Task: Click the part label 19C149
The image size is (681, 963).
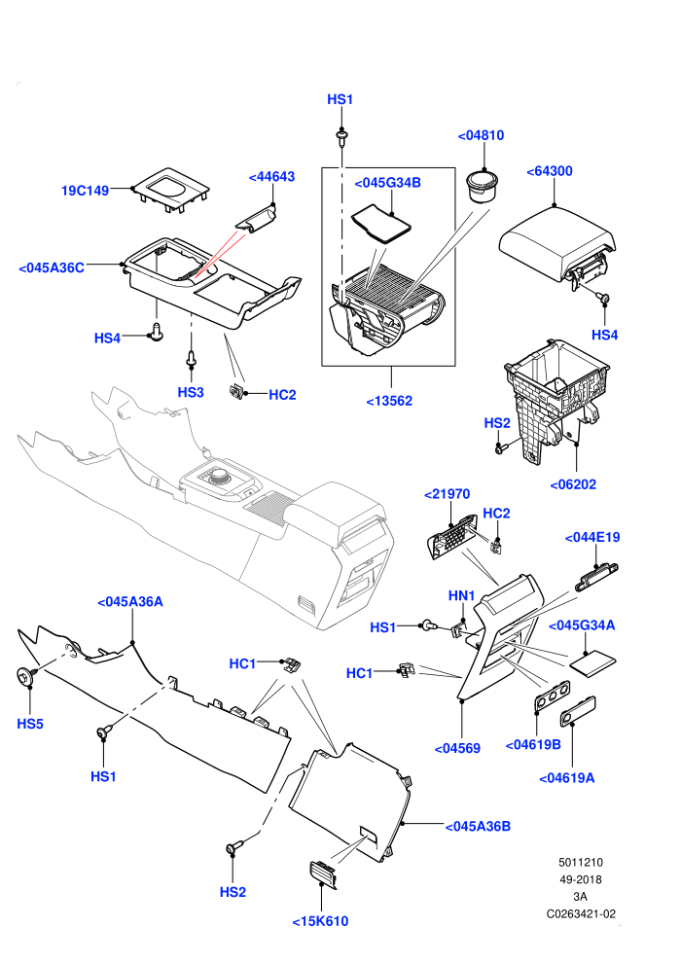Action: point(85,191)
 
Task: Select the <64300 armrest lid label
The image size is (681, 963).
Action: point(550,171)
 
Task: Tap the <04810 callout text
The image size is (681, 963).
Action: point(481,135)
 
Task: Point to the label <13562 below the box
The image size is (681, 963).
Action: point(389,401)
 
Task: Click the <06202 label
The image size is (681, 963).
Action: point(573,484)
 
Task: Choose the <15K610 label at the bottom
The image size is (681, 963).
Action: point(320,921)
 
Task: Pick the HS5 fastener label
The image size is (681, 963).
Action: point(30,724)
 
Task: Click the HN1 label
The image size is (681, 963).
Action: point(462,595)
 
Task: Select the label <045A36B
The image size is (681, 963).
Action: point(478,826)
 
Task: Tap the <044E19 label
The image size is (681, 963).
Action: point(592,537)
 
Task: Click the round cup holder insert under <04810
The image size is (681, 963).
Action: point(482,186)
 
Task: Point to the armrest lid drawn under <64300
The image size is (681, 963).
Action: point(556,246)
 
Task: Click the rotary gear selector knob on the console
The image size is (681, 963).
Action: point(220,478)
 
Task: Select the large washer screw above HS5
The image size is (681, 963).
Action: point(26,676)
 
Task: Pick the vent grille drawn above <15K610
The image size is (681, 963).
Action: point(323,874)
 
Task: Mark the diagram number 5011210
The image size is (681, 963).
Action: point(580,862)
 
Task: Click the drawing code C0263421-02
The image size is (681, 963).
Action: point(581,913)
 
